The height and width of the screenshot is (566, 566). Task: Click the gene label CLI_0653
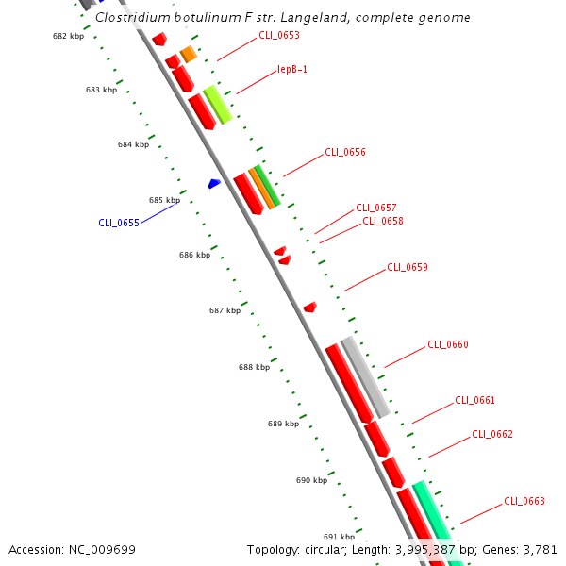click(x=279, y=36)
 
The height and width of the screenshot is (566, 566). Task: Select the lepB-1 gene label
click(x=292, y=70)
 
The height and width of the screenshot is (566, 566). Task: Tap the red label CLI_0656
click(x=345, y=152)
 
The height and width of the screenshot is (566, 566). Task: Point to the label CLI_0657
click(x=376, y=208)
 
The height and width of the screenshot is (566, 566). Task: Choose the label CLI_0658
click(x=383, y=222)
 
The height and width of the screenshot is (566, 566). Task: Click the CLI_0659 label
click(x=408, y=267)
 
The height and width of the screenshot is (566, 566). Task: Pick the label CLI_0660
click(x=448, y=344)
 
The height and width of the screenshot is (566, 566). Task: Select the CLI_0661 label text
click(x=475, y=400)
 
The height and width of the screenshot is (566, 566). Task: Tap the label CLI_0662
click(x=492, y=434)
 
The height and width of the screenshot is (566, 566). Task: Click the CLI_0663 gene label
click(x=524, y=501)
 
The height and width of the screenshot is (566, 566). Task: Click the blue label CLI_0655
click(x=119, y=224)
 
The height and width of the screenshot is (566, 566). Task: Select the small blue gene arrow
click(x=215, y=183)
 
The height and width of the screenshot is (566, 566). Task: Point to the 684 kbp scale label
click(x=133, y=145)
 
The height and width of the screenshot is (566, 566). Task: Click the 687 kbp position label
click(x=225, y=310)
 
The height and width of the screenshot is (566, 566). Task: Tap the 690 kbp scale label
click(x=311, y=480)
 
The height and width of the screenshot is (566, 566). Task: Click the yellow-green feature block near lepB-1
click(x=218, y=104)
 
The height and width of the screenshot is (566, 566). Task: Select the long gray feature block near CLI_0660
click(x=365, y=376)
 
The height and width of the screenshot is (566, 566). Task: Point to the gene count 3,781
click(x=538, y=549)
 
